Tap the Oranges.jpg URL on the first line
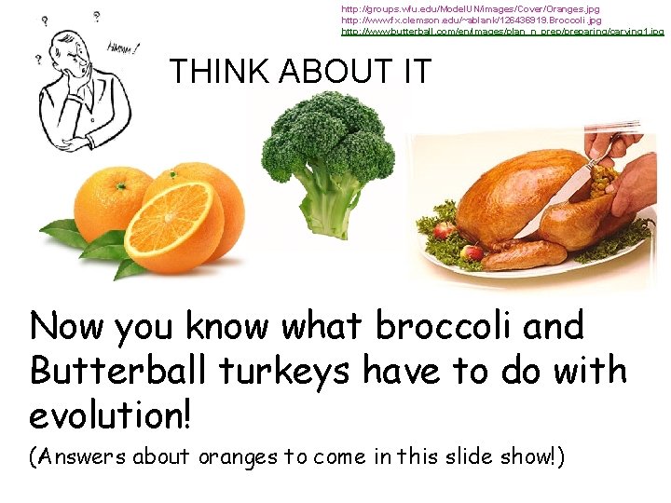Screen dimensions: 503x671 470,8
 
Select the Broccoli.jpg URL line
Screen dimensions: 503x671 471,20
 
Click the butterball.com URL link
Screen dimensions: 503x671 502,32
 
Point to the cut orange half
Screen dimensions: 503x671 174,225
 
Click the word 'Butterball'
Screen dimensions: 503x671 119,371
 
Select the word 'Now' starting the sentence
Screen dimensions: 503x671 67,327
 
